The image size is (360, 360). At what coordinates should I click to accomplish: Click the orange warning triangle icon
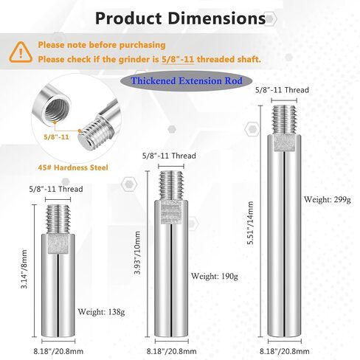pyautogui.click(x=21, y=52)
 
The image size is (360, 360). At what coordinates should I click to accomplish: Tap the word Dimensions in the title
pyautogui.click(x=217, y=18)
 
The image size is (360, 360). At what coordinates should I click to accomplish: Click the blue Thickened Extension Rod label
pyautogui.click(x=187, y=80)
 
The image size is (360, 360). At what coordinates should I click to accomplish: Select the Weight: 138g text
pyautogui.click(x=101, y=312)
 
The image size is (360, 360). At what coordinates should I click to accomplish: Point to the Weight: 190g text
pyautogui.click(x=215, y=276)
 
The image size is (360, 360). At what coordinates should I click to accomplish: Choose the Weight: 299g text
pyautogui.click(x=328, y=199)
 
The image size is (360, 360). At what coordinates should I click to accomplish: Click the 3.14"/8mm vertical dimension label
pyautogui.click(x=24, y=269)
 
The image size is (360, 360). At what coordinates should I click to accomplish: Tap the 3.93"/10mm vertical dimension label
pyautogui.click(x=137, y=252)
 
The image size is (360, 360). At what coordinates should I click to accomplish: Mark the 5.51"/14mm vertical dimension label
pyautogui.click(x=250, y=223)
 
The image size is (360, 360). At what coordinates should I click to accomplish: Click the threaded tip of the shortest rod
pyautogui.click(x=58, y=219)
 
